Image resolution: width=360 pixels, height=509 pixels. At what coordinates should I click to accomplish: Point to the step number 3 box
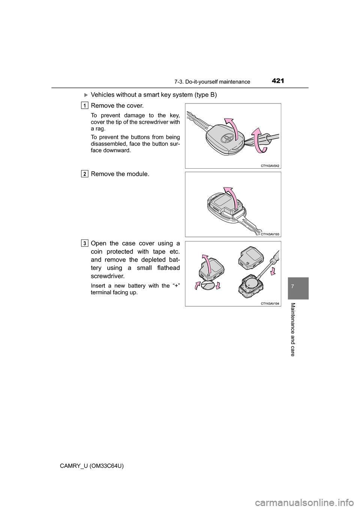pyautogui.click(x=85, y=243)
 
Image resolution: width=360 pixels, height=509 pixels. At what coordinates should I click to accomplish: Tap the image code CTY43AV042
pyautogui.click(x=270, y=165)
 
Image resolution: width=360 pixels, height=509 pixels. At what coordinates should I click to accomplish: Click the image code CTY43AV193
pyautogui.click(x=270, y=234)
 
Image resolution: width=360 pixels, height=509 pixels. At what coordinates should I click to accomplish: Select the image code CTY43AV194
pyautogui.click(x=270, y=303)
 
